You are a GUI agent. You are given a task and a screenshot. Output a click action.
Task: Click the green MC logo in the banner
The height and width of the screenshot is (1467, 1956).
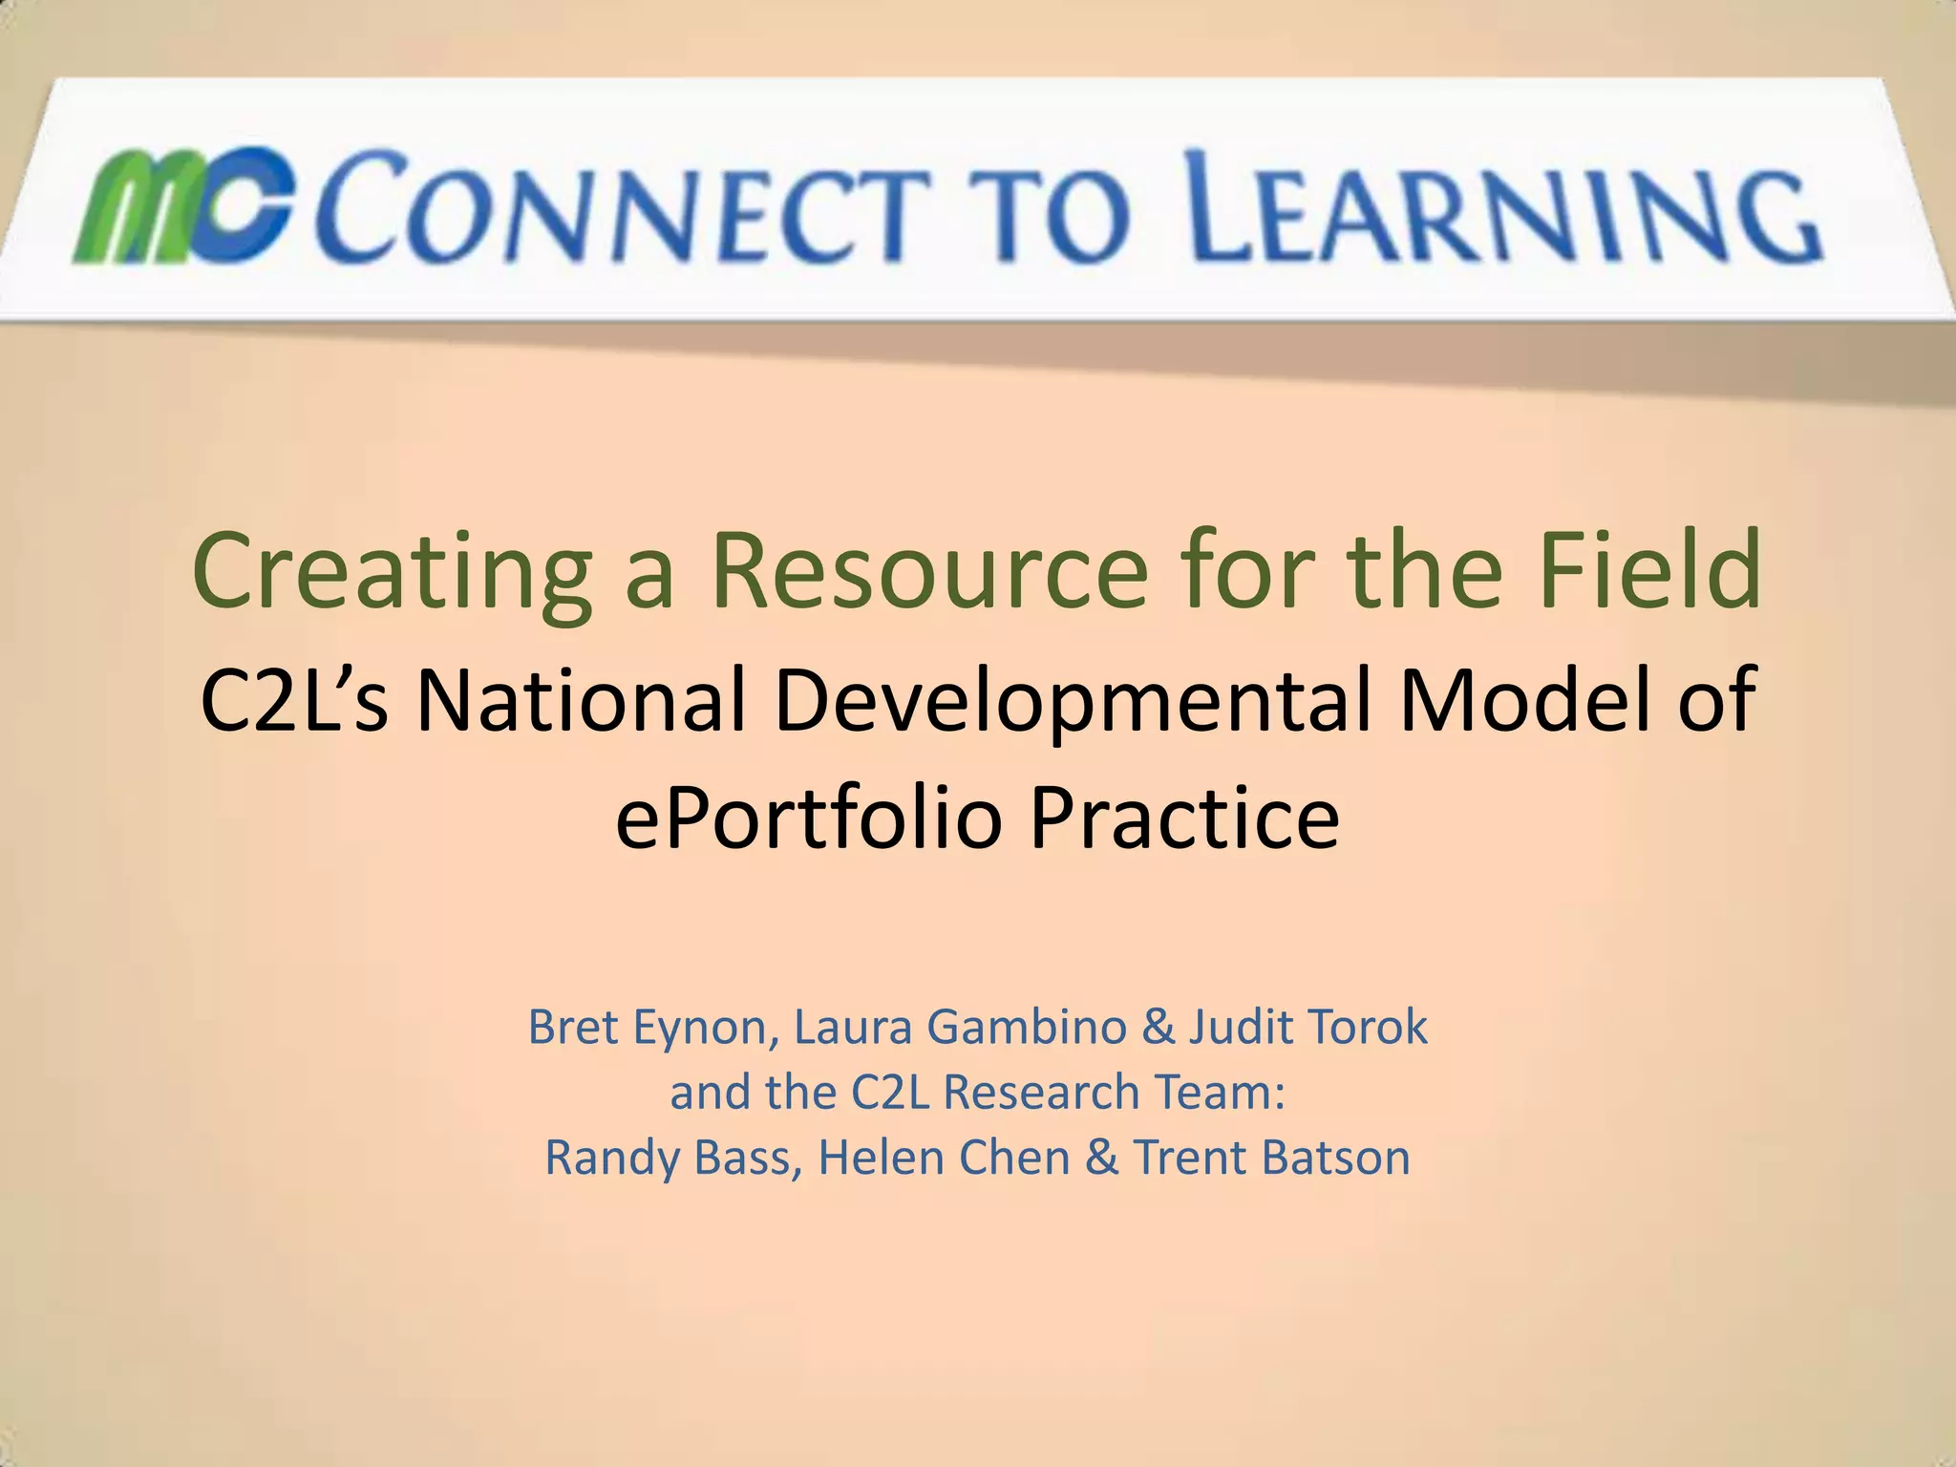[x=181, y=205]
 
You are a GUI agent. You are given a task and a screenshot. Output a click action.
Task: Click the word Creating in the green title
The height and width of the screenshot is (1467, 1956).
[x=392, y=571]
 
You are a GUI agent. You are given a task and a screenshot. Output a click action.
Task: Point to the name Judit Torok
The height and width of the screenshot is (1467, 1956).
[x=1308, y=1028]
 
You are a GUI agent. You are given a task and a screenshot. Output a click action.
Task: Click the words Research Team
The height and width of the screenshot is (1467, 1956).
[x=1113, y=1093]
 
